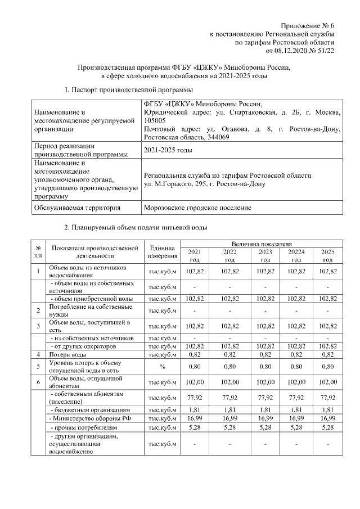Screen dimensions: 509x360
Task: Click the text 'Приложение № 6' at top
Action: tap(310, 26)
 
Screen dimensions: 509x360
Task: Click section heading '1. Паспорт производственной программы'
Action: tap(129, 90)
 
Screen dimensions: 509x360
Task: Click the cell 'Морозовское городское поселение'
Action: tap(197, 208)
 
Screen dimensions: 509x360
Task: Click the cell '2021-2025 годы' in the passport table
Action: tap(168, 150)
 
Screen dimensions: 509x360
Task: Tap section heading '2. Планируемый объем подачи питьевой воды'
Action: tap(136, 228)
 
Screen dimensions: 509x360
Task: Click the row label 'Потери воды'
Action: tap(67, 354)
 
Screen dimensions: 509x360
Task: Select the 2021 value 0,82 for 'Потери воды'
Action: tap(194, 354)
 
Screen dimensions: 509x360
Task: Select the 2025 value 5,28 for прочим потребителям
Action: tap(327, 428)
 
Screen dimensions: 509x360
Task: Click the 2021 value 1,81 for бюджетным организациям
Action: tap(194, 410)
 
